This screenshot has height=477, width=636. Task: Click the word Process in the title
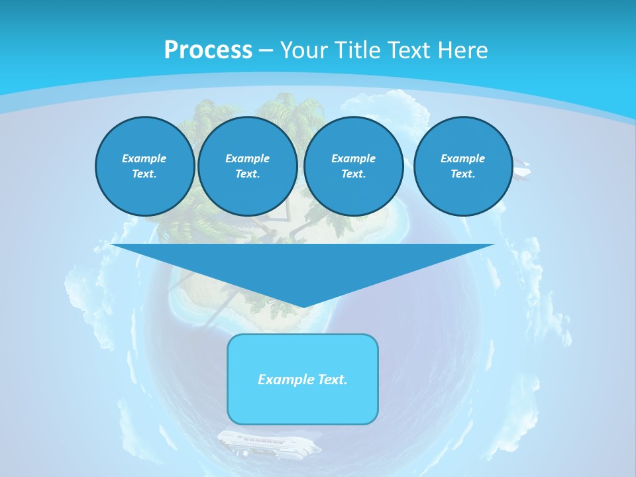208,50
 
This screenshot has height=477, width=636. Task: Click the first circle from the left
145,166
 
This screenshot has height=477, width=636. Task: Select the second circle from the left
248,166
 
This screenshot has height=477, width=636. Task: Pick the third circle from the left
354,166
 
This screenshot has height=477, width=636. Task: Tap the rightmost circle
463,166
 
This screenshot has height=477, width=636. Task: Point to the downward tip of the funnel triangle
303,306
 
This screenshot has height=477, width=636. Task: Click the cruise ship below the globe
268,443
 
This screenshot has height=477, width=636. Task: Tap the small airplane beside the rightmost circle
522,171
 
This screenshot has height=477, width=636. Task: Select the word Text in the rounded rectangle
331,380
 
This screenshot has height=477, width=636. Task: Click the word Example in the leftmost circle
144,158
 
